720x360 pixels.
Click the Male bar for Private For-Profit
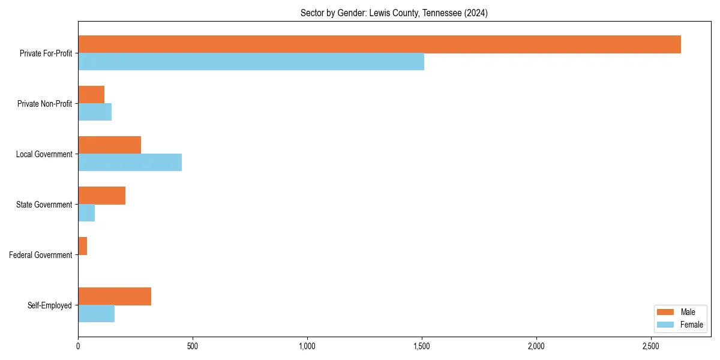379,44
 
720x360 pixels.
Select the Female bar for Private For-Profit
251,62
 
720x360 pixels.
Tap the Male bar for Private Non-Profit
91,95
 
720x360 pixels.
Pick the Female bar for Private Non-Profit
95,112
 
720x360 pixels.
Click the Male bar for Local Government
109,145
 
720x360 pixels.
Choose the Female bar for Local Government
130,163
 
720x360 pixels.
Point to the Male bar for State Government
101,196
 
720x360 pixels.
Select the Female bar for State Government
86,213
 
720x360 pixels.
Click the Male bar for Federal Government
82,246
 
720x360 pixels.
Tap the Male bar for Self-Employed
115,296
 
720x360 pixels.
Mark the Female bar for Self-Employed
96,314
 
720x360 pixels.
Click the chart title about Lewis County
394,13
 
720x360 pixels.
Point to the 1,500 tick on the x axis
422,346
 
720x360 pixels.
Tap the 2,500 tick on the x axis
651,346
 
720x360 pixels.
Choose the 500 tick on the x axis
193,346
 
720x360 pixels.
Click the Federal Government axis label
41,255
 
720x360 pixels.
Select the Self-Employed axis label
50,305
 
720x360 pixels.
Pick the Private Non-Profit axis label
44,104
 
